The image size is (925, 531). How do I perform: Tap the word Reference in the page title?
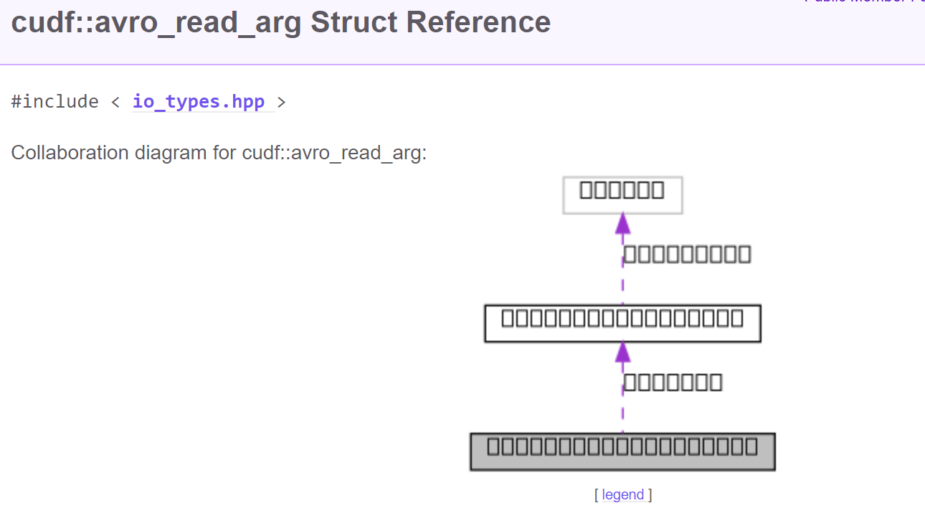[478, 22]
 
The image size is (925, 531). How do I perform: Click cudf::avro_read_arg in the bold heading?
[156, 22]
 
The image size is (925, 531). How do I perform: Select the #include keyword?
[54, 102]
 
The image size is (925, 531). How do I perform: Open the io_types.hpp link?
[199, 102]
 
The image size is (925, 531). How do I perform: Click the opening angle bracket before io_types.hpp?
[116, 102]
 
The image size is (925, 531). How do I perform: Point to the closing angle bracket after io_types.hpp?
[281, 102]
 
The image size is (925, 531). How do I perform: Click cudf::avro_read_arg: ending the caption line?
[334, 153]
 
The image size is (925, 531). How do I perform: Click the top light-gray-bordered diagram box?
[622, 194]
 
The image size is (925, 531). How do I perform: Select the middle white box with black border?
[622, 323]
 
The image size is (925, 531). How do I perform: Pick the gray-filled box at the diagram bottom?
[622, 451]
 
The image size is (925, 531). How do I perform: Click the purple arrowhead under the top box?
[622, 223]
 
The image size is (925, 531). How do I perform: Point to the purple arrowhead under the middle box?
[622, 352]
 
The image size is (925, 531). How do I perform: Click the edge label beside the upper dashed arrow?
[687, 254]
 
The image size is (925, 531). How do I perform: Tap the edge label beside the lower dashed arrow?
[673, 382]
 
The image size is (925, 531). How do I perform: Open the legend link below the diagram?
[622, 494]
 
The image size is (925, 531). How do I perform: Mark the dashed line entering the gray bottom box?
[622, 416]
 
